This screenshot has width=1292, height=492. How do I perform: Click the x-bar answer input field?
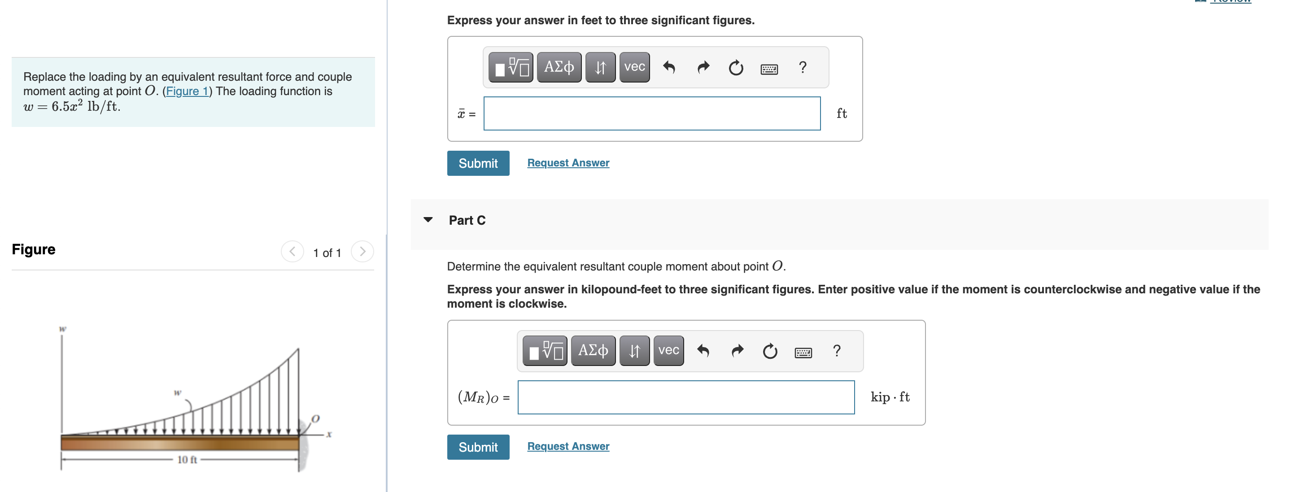coord(651,113)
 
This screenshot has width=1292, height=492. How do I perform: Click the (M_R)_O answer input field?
coord(685,397)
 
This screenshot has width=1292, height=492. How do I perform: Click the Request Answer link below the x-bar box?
coord(568,163)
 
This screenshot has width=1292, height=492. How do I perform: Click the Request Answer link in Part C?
coord(568,446)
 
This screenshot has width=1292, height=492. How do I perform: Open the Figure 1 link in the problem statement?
coord(187,91)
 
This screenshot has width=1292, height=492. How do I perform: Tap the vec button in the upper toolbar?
coord(634,67)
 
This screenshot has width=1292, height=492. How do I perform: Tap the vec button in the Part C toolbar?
coord(668,351)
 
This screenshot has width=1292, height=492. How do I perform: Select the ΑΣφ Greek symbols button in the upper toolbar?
coord(559,67)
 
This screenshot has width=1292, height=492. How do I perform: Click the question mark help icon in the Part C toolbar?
coord(836,351)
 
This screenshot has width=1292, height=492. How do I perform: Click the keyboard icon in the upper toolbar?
coord(768,68)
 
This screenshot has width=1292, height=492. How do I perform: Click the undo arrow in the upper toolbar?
coord(668,67)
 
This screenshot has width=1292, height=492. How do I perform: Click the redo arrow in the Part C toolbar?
coord(737,351)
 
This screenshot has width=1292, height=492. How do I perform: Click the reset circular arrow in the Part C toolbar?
coord(769,351)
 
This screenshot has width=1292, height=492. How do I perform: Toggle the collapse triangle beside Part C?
coord(428,220)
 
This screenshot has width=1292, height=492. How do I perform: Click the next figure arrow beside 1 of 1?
coord(362,252)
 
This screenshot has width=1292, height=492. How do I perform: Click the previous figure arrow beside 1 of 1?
coord(292,252)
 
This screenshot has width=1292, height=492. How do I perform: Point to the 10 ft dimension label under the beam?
coord(187,459)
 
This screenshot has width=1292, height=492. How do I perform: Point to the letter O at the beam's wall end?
coord(315,418)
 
